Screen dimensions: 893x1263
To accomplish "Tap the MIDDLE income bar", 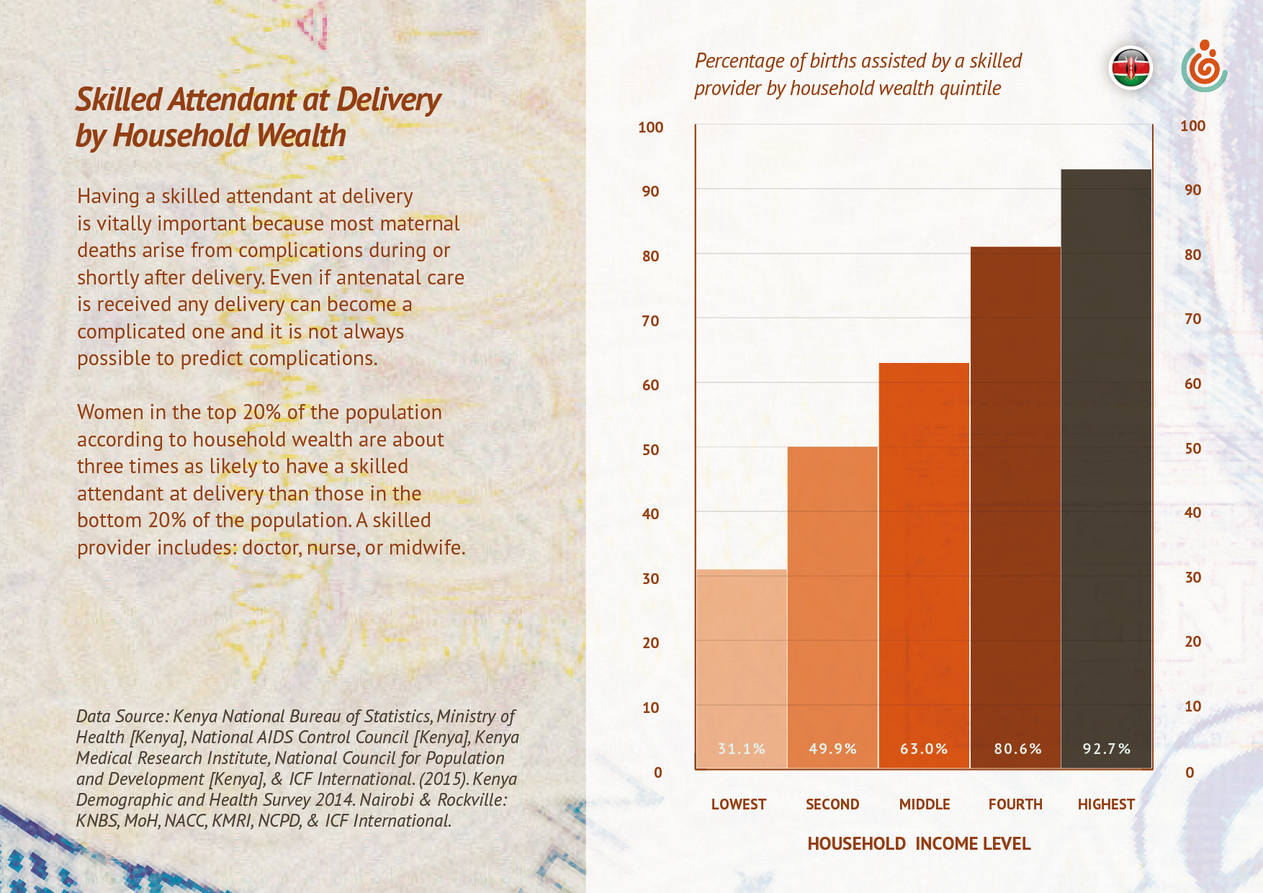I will click(924, 562).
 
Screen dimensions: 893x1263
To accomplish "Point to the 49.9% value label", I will click(832, 749).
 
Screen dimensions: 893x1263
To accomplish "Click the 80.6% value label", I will click(1017, 749).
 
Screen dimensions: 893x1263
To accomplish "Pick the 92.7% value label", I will click(1106, 749).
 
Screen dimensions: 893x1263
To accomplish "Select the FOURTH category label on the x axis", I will click(1015, 804).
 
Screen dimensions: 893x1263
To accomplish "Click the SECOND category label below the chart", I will click(832, 804).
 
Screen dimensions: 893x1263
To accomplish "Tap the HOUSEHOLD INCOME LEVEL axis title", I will click(919, 844).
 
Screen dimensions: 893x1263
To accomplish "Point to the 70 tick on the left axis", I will click(650, 321).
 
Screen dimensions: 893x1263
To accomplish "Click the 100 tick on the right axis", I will click(1192, 126).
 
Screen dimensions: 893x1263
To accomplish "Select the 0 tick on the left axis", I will click(657, 773).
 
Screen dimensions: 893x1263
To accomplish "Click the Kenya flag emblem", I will click(1131, 69).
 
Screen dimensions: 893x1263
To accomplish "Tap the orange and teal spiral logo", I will click(1204, 67).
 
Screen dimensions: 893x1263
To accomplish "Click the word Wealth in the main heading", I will click(301, 136).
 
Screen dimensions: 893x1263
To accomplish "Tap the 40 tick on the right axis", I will click(1192, 513).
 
